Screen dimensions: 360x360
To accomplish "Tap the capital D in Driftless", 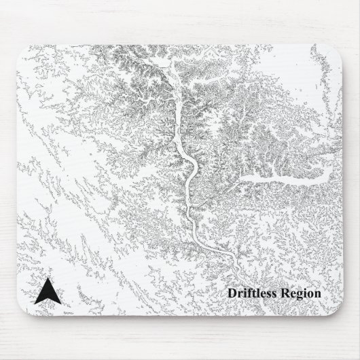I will (232, 293).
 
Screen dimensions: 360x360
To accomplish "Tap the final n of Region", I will (317, 293).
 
